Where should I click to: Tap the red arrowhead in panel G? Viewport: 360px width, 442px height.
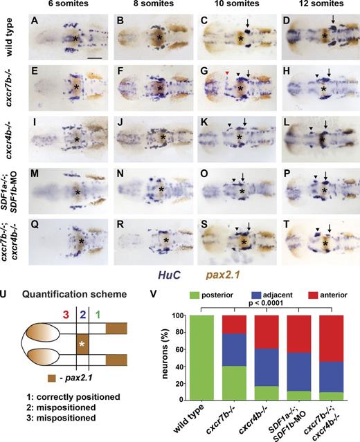[x=208, y=72]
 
